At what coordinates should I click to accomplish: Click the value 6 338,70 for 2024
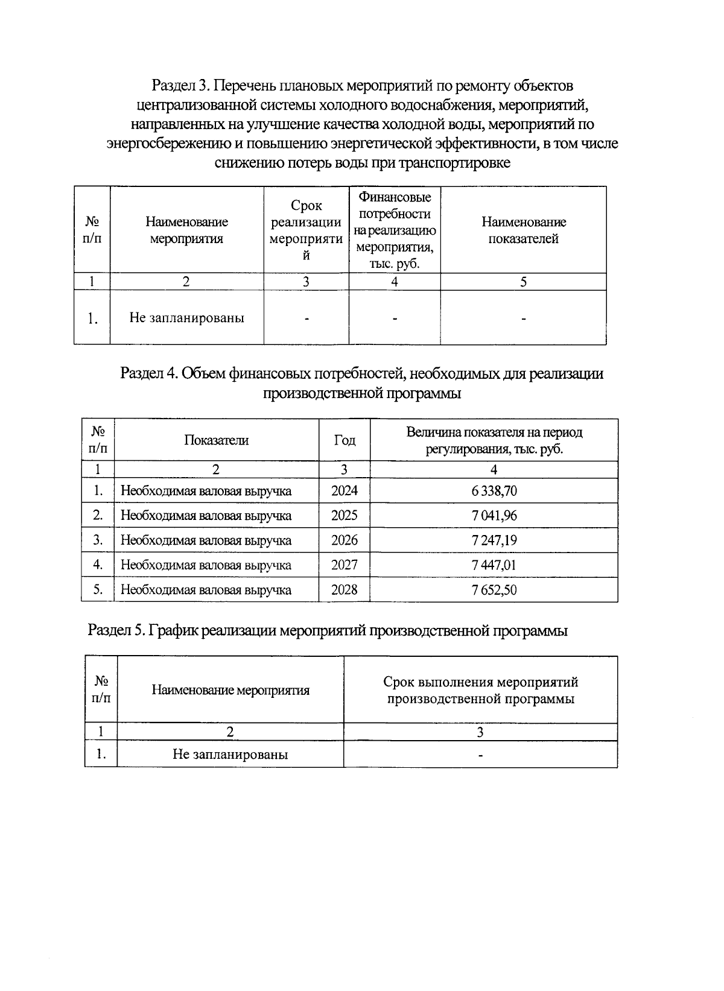point(494,491)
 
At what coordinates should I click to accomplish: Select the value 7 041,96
point(494,516)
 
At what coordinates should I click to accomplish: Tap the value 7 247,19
point(494,540)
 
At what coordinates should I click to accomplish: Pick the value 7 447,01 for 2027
point(494,565)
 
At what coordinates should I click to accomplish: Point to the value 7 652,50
point(494,590)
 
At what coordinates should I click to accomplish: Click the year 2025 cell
point(344,516)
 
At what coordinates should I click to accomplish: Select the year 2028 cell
point(344,590)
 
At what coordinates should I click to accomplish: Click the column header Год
point(344,440)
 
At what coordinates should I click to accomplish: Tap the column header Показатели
point(216,440)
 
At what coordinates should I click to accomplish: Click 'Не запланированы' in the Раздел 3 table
point(186,318)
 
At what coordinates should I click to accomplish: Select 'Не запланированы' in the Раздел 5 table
point(230,755)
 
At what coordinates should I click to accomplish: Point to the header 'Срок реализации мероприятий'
point(306,230)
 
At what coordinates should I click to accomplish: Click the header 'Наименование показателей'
point(523,230)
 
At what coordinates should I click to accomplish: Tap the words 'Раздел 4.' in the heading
point(148,374)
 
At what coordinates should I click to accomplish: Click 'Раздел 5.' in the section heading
point(116,632)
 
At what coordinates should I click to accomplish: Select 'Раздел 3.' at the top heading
point(179,85)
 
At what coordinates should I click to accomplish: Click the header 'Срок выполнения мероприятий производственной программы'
point(480,691)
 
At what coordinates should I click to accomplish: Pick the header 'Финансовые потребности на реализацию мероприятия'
point(395,230)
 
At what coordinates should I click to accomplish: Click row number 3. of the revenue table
point(98,540)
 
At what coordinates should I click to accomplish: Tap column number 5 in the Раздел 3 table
point(523,282)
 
